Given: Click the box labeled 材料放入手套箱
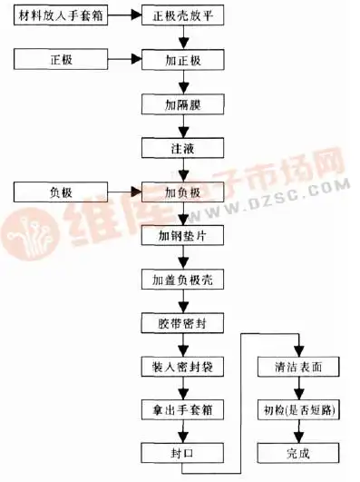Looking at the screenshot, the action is [x=61, y=15].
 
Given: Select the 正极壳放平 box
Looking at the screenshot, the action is [x=181, y=15].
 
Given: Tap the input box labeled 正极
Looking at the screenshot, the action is [x=61, y=59].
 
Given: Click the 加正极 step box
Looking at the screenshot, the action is [x=181, y=59].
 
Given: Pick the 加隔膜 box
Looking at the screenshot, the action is [x=181, y=103].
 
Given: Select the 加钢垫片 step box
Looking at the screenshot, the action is [x=181, y=234].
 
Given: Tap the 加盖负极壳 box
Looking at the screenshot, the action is [x=181, y=278].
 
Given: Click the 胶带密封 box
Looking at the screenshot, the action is [x=181, y=322].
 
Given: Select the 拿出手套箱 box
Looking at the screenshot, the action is [x=181, y=409].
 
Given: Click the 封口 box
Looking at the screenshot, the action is [x=181, y=452].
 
